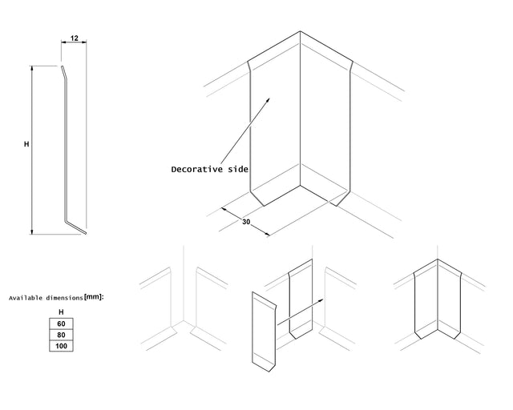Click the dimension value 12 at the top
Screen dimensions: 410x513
[x=74, y=38]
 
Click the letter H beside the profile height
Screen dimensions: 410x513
[x=26, y=145]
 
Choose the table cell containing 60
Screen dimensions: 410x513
[x=61, y=324]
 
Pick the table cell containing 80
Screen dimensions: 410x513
[x=61, y=335]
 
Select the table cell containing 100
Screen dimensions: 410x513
[x=61, y=346]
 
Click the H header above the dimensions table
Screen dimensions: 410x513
[x=61, y=312]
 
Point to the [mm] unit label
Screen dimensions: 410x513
[x=93, y=297]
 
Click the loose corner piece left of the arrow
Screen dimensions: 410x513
[x=263, y=332]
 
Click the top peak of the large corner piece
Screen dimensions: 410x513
[x=301, y=33]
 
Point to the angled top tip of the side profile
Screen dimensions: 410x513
[x=63, y=71]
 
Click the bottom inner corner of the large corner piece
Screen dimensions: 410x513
[x=301, y=187]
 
